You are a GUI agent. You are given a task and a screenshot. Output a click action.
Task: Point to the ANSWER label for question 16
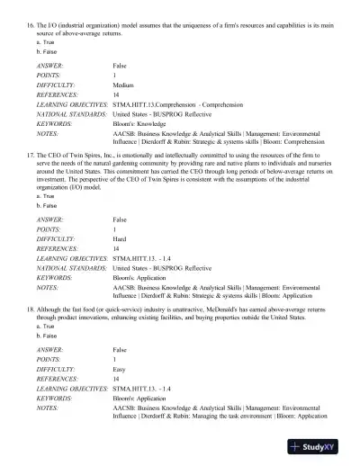50,66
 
